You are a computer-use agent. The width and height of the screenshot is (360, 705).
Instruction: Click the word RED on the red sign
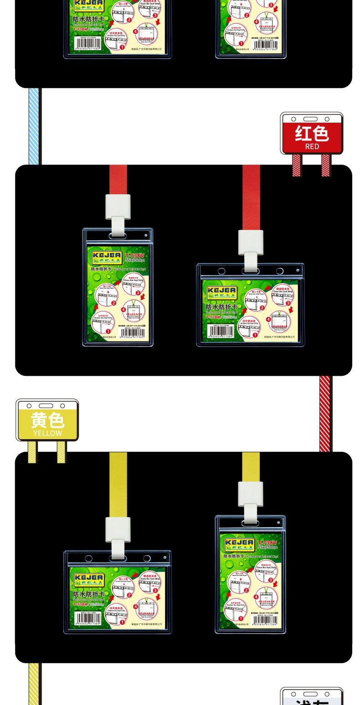tap(312, 146)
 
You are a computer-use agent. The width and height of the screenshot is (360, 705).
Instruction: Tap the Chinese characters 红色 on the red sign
tap(312, 133)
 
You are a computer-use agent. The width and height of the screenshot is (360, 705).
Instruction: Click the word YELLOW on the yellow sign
tap(47, 433)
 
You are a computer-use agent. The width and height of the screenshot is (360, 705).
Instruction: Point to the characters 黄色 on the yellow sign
tap(47, 420)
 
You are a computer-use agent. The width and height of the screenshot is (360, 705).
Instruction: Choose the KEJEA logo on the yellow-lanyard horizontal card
tap(88, 579)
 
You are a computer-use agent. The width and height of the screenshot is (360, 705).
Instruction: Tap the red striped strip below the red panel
tap(324, 413)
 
